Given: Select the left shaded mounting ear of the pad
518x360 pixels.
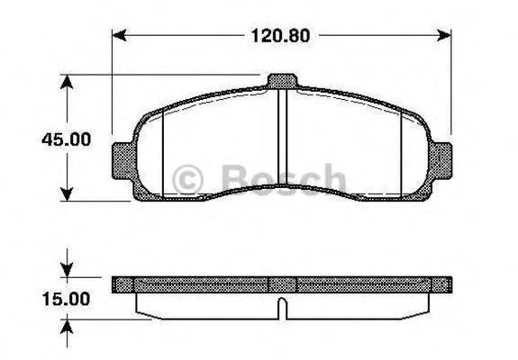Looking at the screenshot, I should tap(122, 161).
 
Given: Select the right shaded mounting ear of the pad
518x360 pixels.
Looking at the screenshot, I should tap(441, 161).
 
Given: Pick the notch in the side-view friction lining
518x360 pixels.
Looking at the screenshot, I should tap(282, 309).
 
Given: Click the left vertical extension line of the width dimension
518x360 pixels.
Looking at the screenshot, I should tap(113, 90).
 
